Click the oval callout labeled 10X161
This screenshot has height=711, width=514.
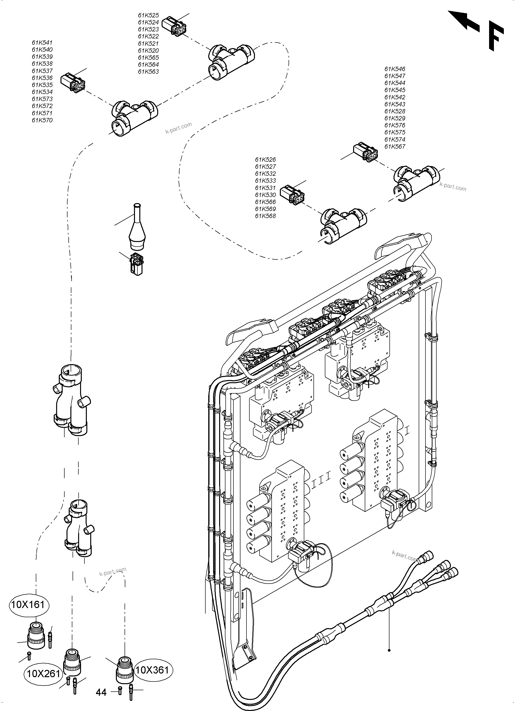pos(30,604)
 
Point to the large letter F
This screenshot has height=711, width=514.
pos(496,38)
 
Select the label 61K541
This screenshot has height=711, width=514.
pos(42,43)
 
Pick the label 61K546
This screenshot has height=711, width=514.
pos(395,69)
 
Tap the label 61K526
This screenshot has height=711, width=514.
pos(265,160)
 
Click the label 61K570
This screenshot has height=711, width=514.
pos(42,120)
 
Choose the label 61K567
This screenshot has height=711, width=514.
pos(395,147)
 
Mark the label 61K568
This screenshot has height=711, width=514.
pos(265,216)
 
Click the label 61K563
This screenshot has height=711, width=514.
pos(148,72)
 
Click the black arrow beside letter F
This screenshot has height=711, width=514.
pos(463,21)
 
